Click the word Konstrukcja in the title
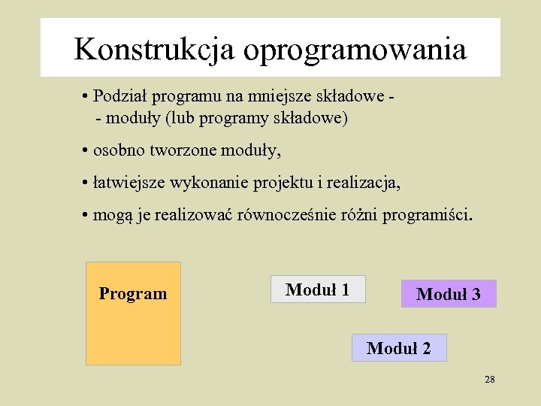[x=155, y=50]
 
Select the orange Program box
[x=133, y=313]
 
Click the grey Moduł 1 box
[x=318, y=289]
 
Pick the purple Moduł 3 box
[x=449, y=294]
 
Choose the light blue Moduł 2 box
[x=399, y=348]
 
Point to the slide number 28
[x=490, y=380]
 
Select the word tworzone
[x=186, y=150]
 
